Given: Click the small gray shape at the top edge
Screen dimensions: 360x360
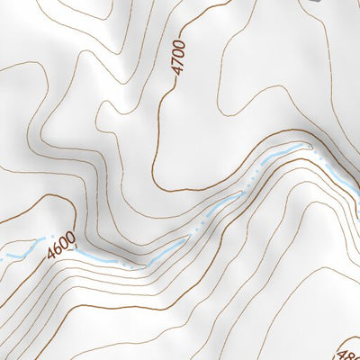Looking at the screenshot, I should click(314, 3).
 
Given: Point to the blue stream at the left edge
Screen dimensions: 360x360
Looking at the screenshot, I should click(3, 256).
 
